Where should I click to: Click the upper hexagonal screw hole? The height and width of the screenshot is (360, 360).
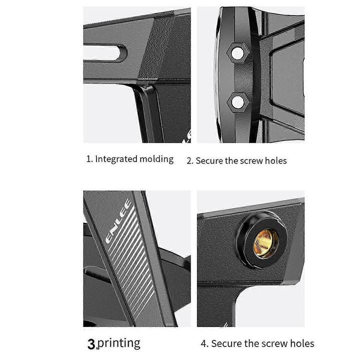pos(237,52)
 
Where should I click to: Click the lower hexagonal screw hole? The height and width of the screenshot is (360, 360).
pos(237,101)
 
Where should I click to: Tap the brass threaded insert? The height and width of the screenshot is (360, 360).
pos(266,243)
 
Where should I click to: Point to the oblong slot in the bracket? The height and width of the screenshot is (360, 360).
pos(105,53)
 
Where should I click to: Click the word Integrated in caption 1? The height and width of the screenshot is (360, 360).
pos(116,159)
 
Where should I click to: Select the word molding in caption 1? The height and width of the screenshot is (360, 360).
pos(156,159)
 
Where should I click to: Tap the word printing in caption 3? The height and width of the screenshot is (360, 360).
pos(119,343)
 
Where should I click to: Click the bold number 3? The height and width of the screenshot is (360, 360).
pos(91,344)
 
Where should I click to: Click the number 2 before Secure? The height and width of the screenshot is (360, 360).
pos(189,161)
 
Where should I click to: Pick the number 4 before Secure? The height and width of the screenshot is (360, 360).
pos(204,343)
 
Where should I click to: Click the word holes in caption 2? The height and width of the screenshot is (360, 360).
pos(275,160)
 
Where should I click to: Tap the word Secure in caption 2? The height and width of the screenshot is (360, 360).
pos(209,160)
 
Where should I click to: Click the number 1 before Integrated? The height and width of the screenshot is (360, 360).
pos(89,159)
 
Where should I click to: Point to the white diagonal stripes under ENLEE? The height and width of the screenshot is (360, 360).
pos(131,261)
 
